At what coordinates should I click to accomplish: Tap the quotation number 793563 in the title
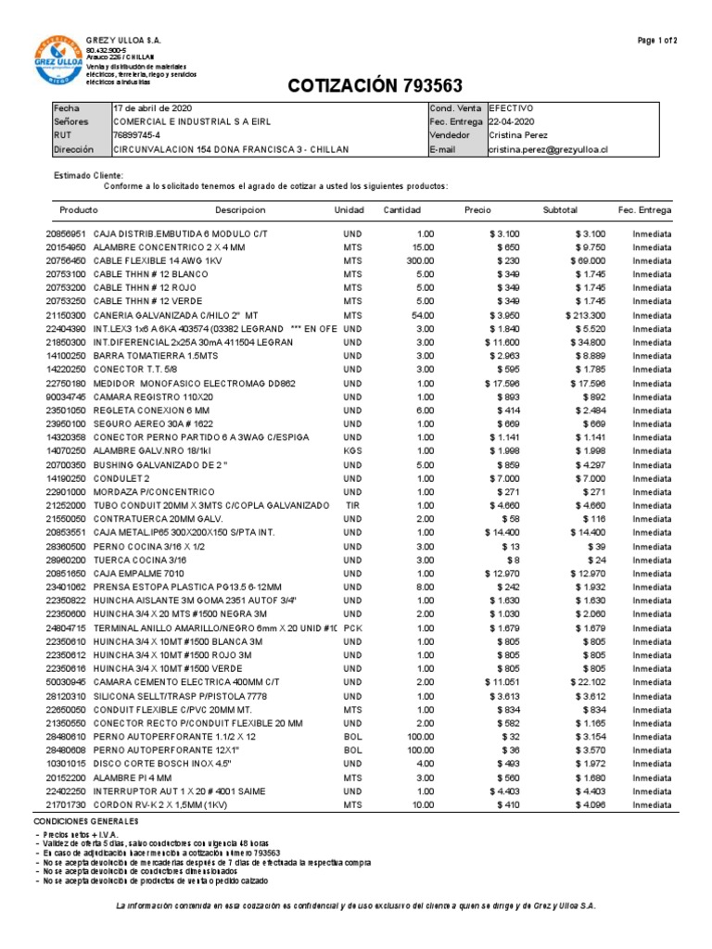[433, 86]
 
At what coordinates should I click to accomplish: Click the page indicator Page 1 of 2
[657, 41]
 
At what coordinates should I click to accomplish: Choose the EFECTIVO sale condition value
[511, 108]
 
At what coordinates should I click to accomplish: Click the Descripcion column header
[240, 210]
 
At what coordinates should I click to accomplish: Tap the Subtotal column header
[560, 210]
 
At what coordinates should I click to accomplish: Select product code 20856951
[66, 234]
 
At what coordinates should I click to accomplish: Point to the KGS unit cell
[351, 449]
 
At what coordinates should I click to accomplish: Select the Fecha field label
[68, 108]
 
